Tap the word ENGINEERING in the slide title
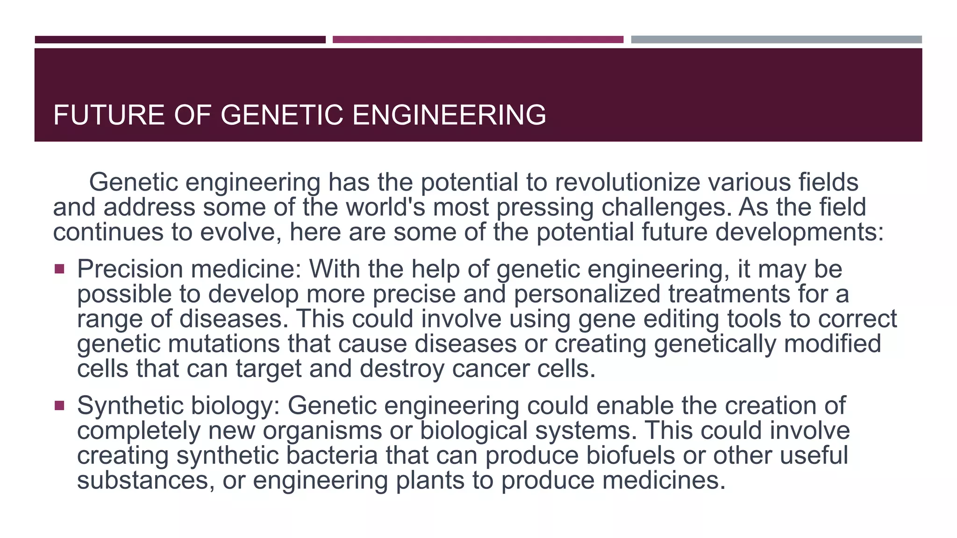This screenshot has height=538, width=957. coord(449,115)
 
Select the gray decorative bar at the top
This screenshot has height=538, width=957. coord(776,40)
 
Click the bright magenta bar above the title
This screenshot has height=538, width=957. coord(478,40)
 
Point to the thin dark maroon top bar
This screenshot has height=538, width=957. coord(180,40)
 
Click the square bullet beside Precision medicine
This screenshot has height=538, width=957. coord(59,269)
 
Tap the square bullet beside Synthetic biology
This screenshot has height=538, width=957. coord(59,405)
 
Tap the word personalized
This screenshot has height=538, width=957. coord(587,295)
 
